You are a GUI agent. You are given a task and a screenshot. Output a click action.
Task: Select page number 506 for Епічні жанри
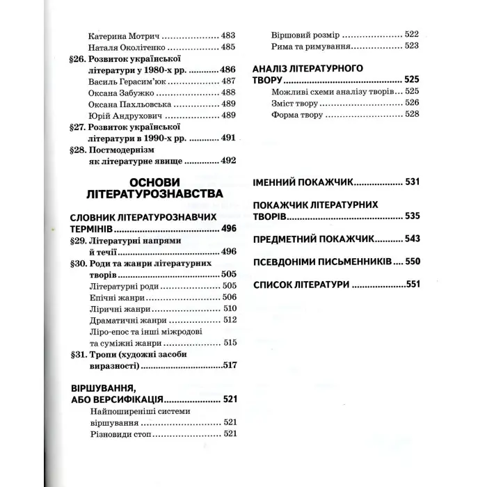[229, 296]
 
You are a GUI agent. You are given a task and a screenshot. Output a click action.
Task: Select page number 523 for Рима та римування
[412, 47]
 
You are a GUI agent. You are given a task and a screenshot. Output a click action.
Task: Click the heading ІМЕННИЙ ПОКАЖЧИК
[302, 183]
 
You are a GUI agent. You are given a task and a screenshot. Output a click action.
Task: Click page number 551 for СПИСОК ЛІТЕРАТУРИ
[413, 285]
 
